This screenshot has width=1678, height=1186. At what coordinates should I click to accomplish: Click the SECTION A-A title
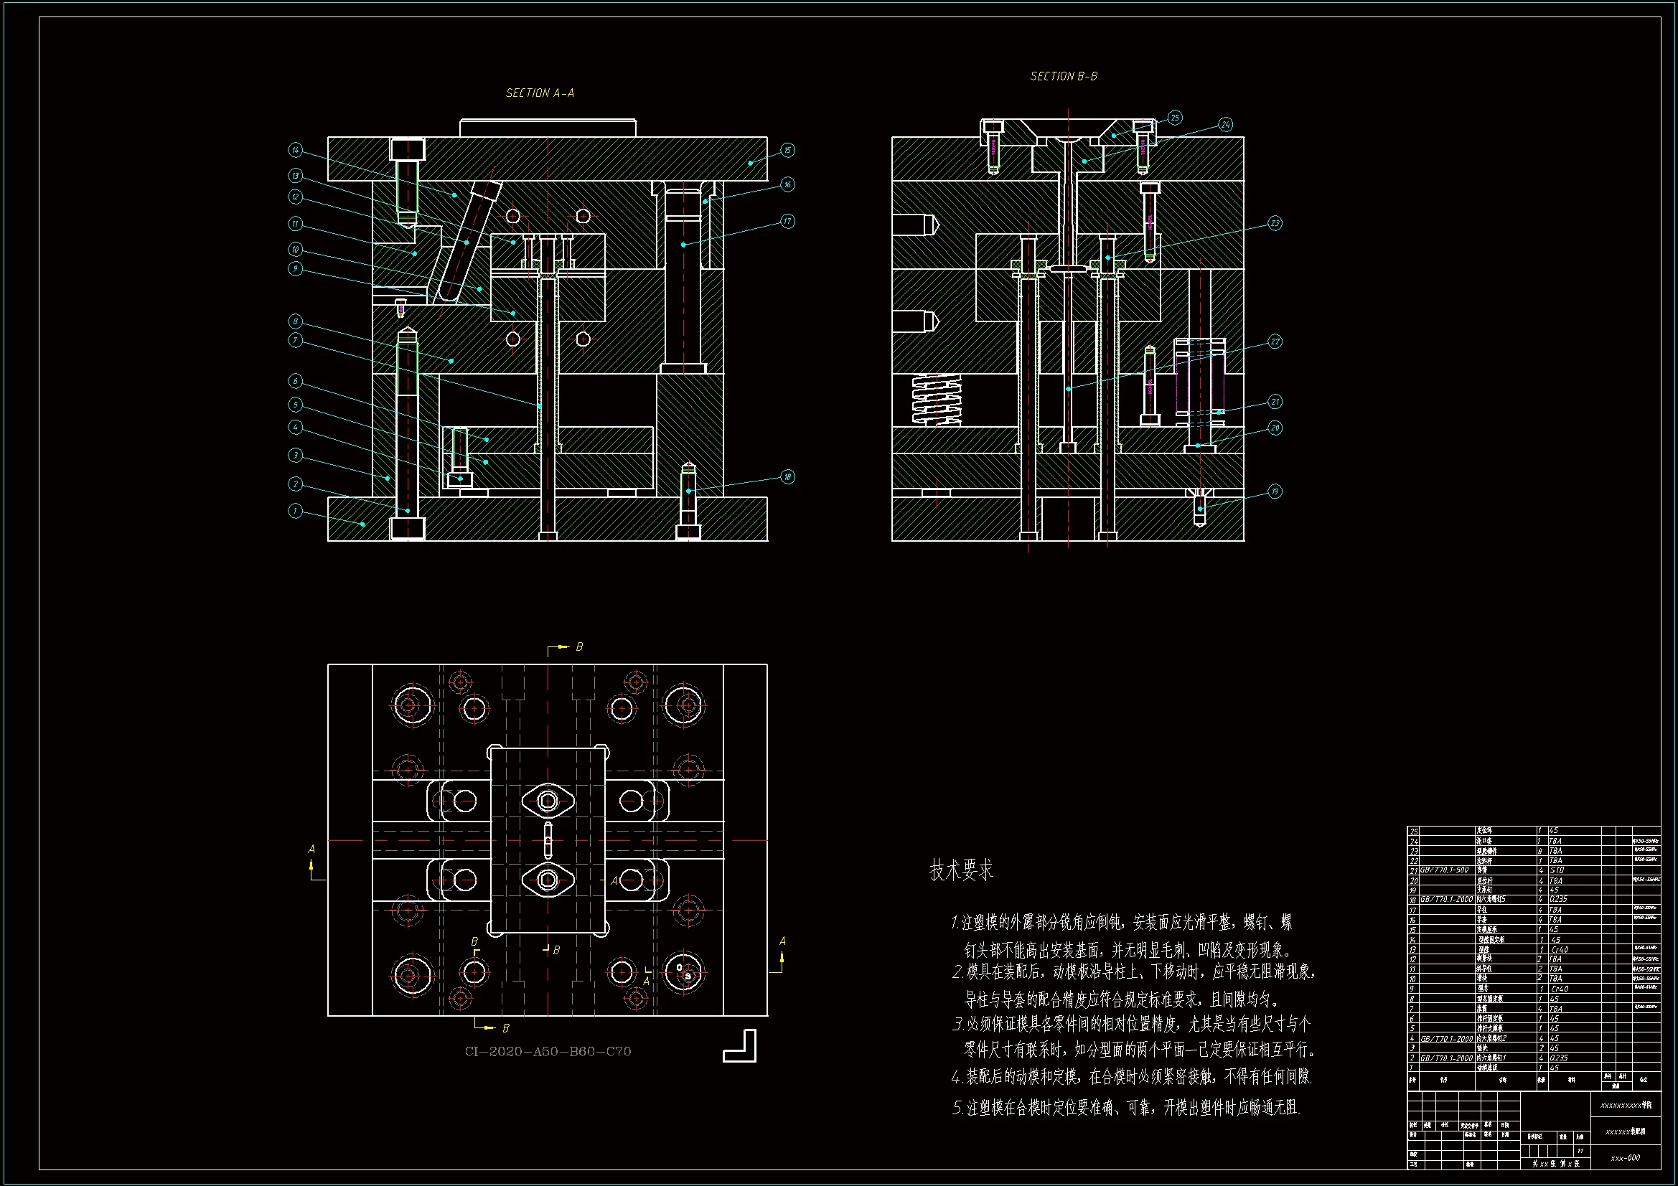(540, 93)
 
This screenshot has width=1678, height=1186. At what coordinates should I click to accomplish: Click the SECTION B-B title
(1064, 76)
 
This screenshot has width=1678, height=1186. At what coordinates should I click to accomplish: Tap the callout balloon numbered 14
(295, 150)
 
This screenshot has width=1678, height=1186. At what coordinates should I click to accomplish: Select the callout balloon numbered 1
(295, 510)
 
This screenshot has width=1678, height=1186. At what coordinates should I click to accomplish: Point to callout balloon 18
(787, 476)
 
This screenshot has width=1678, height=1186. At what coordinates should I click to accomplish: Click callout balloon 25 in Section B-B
(1174, 118)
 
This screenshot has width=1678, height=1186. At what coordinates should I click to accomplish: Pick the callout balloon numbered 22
(1275, 342)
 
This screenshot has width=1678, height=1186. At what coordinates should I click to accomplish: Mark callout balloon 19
(1275, 491)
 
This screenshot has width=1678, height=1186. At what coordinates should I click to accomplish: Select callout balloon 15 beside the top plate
(787, 150)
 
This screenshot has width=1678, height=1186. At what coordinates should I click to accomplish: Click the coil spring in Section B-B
(937, 399)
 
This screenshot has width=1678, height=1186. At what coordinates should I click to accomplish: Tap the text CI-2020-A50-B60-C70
(548, 1051)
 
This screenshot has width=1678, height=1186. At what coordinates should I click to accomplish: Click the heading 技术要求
(961, 870)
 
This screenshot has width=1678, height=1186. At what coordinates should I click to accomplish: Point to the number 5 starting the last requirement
(957, 1108)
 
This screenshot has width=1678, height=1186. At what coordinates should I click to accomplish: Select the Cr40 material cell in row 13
(1560, 949)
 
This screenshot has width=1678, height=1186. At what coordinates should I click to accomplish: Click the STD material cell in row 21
(1557, 870)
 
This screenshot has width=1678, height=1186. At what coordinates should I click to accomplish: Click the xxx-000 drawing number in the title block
(1625, 1157)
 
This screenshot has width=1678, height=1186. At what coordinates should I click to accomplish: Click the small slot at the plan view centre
(548, 839)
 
